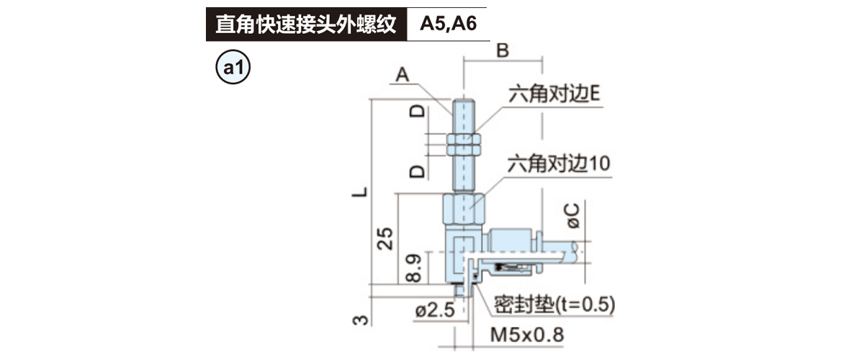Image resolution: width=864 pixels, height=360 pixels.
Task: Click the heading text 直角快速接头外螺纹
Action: pos(306,24)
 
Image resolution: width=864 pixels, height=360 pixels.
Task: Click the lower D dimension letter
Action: pos(416,171)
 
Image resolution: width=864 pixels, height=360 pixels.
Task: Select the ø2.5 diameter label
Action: pos(436,311)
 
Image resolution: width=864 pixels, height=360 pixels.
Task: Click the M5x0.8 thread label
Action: pos(526,335)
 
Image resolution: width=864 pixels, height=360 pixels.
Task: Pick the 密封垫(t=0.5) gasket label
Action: pos(554,305)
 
